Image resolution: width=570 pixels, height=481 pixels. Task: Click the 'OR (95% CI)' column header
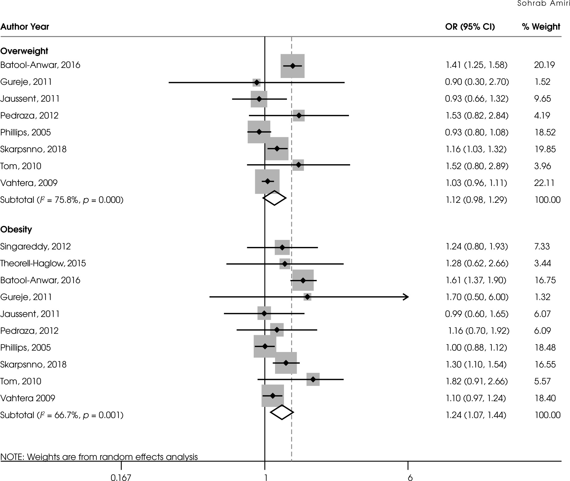(470, 27)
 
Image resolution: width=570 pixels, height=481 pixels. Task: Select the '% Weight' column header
(541, 27)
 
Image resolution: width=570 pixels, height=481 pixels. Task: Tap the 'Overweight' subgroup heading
(24, 51)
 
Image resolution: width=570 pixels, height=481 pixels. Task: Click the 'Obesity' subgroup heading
(16, 229)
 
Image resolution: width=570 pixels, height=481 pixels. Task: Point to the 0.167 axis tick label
(121, 477)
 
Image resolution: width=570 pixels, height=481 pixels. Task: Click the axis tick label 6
(410, 477)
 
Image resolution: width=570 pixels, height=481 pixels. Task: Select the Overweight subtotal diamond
(274, 198)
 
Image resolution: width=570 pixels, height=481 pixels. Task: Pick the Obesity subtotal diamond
(282, 412)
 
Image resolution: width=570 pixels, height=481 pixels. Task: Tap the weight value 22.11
(544, 183)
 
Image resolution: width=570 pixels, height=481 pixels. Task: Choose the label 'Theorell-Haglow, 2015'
(43, 263)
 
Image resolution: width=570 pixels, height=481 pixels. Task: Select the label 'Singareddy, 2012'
(36, 246)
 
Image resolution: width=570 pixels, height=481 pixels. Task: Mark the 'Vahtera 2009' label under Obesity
(28, 398)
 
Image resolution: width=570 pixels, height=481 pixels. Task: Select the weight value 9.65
(542, 98)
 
